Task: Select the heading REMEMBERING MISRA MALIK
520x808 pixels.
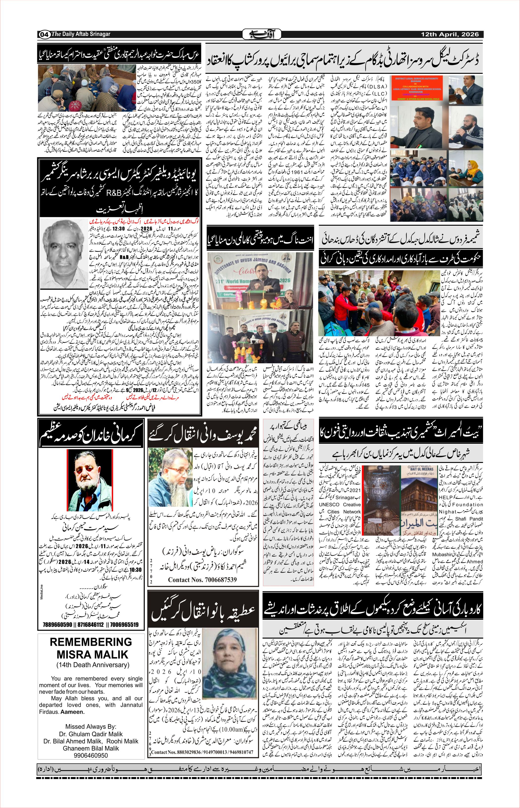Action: [91, 648]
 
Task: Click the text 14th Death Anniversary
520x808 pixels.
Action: [93, 665]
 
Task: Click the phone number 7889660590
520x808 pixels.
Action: [57, 624]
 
